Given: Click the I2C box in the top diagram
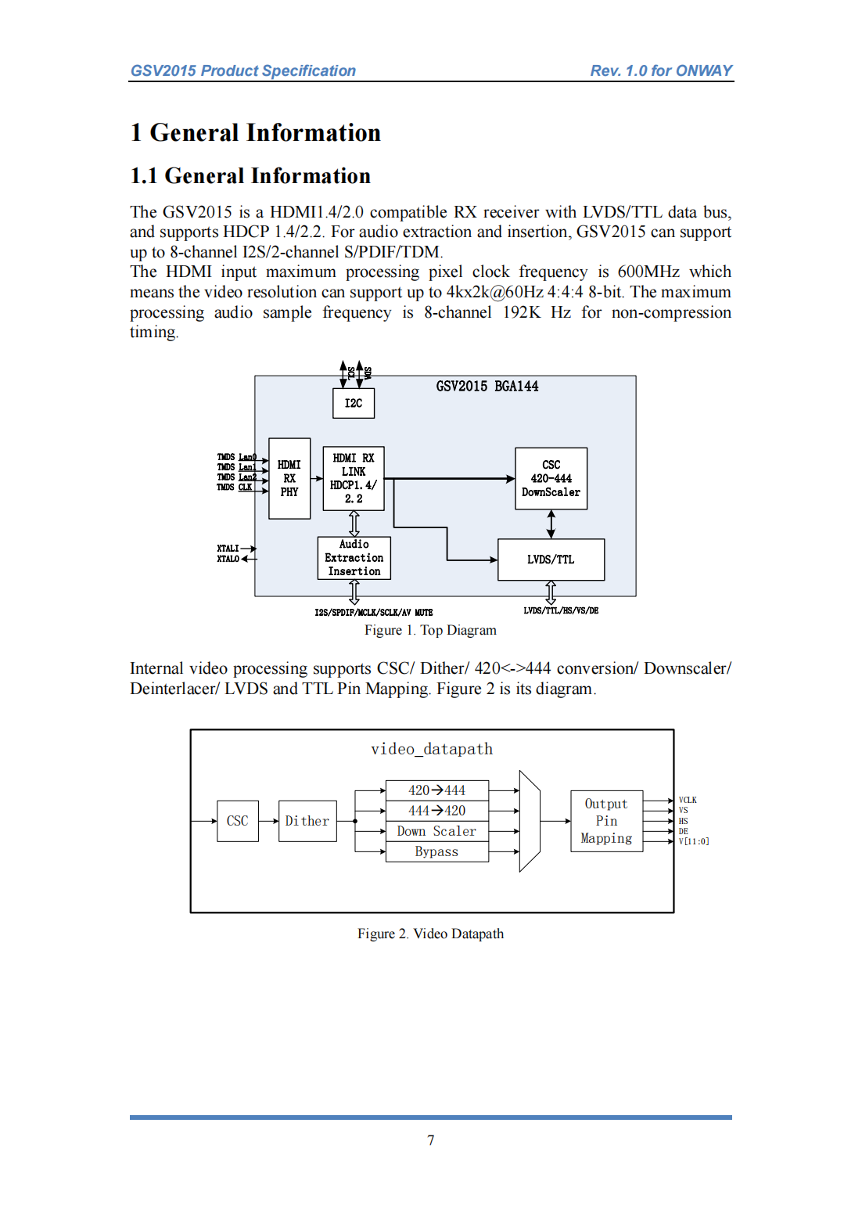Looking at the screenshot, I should (x=354, y=403).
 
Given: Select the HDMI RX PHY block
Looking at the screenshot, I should (x=289, y=478).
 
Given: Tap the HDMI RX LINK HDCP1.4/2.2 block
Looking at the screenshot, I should (x=354, y=478).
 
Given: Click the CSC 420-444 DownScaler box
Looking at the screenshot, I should (x=551, y=478).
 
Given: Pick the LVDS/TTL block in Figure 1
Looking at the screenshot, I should (x=551, y=560).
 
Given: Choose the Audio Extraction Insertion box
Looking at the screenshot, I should (x=354, y=558).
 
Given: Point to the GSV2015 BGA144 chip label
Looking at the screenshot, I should (x=487, y=386).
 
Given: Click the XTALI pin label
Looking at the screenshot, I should (x=228, y=549).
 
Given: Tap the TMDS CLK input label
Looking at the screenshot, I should (x=234, y=487).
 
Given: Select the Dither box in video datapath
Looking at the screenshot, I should (x=307, y=821).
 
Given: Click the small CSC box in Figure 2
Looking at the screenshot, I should (x=238, y=821).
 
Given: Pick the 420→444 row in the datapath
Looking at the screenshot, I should (x=436, y=790).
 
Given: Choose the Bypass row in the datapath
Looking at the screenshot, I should (x=436, y=851).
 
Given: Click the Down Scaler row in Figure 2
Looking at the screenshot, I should (x=436, y=831).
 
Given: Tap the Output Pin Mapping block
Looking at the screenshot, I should (x=606, y=821).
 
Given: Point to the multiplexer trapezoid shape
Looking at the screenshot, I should (x=530, y=821).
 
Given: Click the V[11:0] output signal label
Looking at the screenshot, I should (x=694, y=841).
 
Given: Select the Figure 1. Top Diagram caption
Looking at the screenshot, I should (x=430, y=630).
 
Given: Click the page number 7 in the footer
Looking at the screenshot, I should (x=430, y=1140).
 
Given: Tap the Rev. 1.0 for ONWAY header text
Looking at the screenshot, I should (x=661, y=70).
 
